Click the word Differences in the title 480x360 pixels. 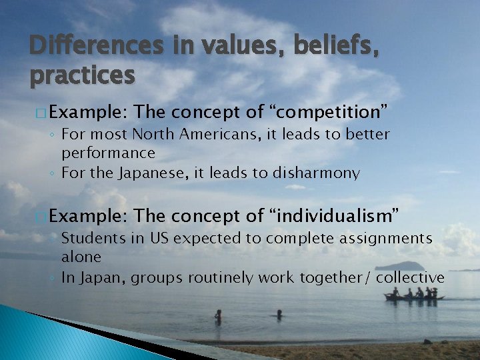pos(96,46)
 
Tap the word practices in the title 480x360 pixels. pos(82,76)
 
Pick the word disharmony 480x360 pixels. pos(317,173)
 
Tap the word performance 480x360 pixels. pos(108,153)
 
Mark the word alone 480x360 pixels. pos(81,257)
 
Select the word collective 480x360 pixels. pos(410,277)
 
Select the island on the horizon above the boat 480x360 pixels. pos(399,266)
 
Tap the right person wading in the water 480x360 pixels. pos(279,314)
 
